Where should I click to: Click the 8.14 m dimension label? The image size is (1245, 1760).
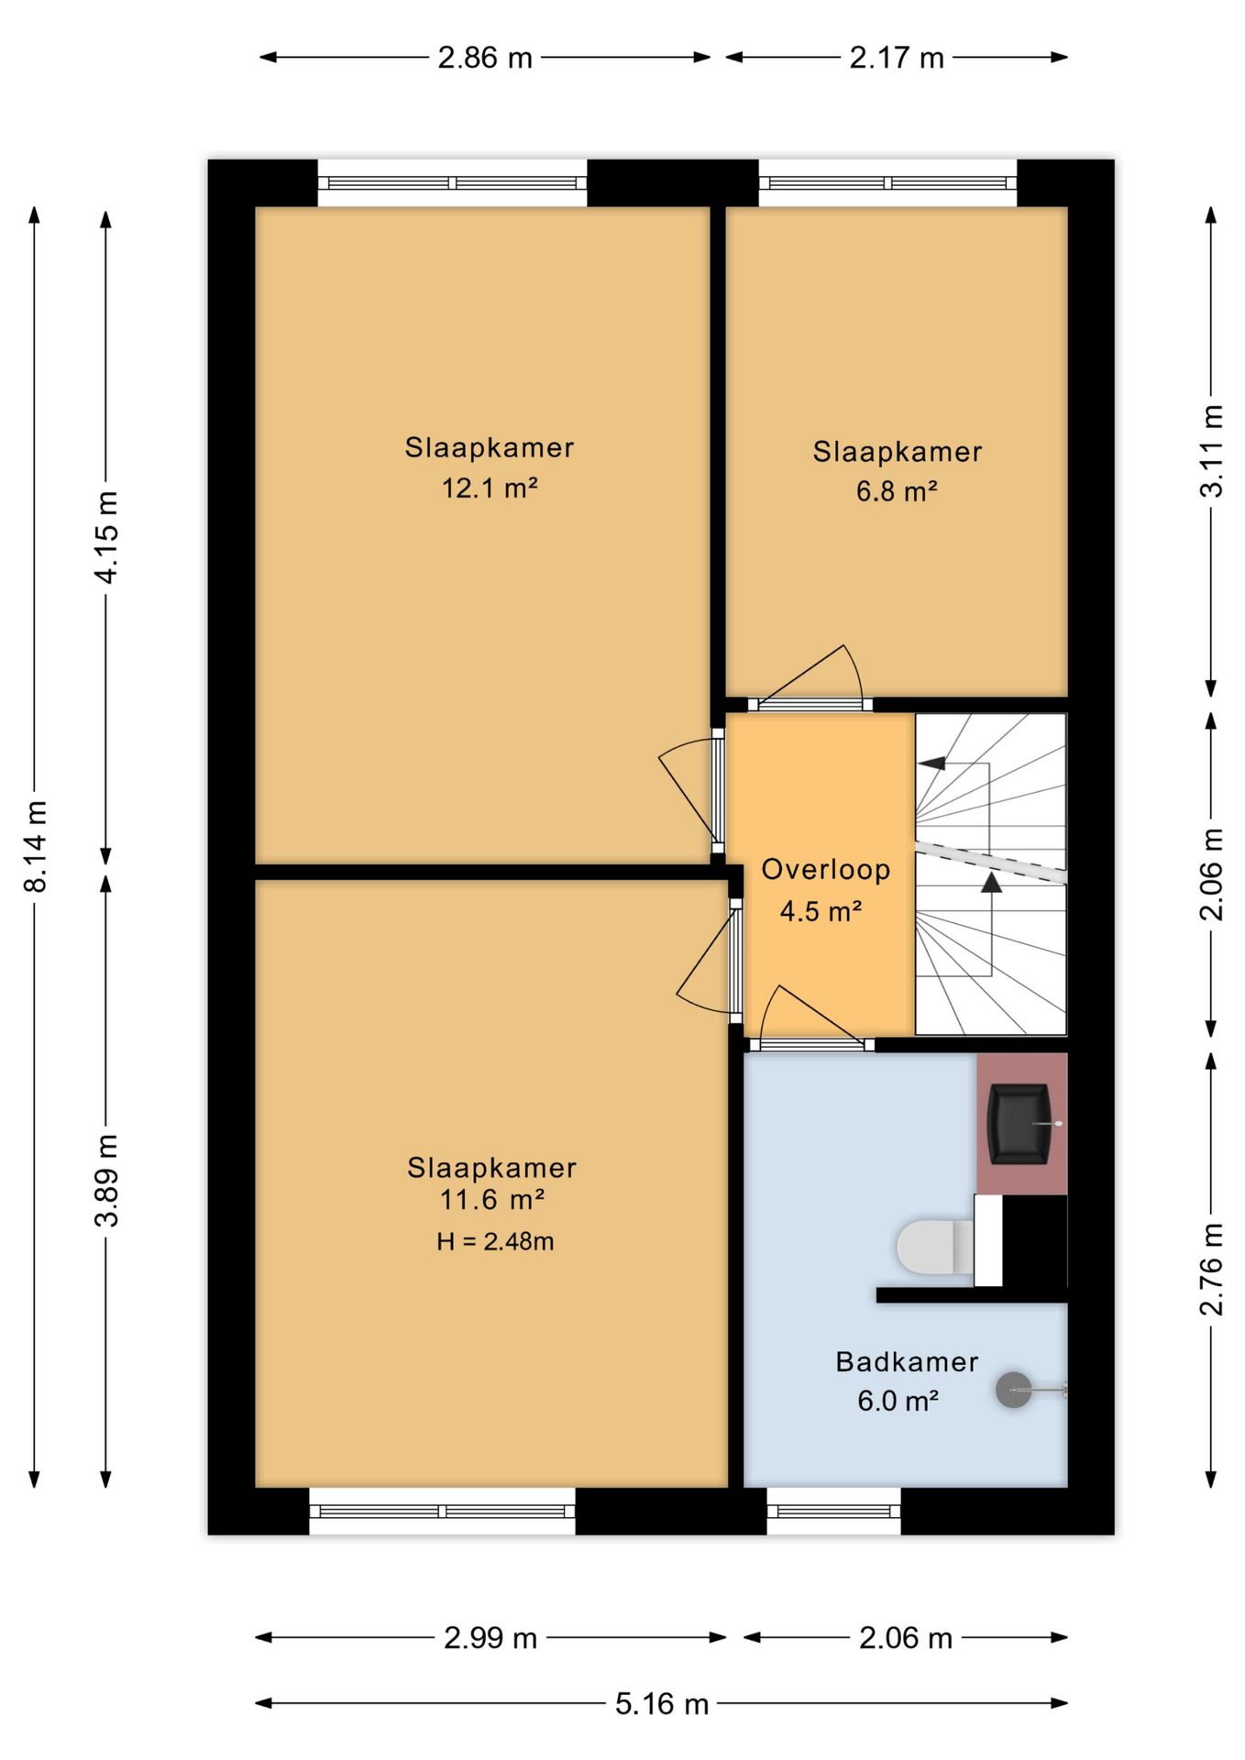(36, 846)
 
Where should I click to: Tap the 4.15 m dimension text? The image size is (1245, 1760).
(107, 537)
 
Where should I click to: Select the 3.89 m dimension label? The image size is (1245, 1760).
(107, 1180)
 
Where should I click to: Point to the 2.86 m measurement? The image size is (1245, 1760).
(485, 58)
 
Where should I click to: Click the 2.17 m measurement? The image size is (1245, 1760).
(897, 58)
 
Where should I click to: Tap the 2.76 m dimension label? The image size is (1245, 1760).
(1212, 1269)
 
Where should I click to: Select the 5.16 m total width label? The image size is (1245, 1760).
(662, 1703)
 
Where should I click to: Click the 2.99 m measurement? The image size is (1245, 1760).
(490, 1637)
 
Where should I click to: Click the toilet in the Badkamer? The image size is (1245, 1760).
(935, 1247)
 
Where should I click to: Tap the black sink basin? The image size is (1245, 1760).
(1019, 1124)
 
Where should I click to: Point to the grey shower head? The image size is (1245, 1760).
(1014, 1390)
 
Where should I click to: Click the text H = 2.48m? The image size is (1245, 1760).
(495, 1241)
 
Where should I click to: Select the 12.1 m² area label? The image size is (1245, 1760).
(490, 487)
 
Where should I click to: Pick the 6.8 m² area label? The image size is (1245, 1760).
(897, 491)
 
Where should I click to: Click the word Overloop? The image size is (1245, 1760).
(826, 869)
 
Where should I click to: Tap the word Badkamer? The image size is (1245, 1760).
(907, 1361)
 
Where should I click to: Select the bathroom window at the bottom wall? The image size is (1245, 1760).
(833, 1511)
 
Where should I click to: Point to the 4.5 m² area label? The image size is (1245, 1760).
(821, 911)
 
